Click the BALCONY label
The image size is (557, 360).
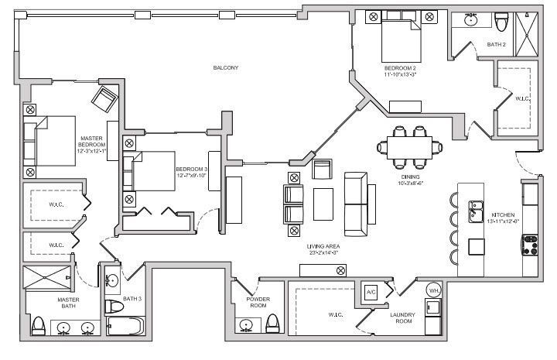(x=226, y=68)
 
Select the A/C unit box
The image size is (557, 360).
(x=371, y=293)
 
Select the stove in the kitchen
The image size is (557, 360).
(x=530, y=246)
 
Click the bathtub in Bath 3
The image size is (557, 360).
(x=124, y=328)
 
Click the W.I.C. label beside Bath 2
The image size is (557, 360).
(x=523, y=98)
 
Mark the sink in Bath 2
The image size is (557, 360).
(x=470, y=19)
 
